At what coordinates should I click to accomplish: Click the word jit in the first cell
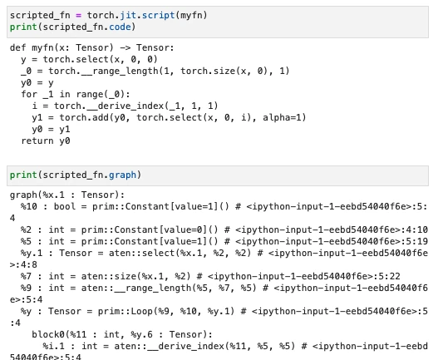tap(128, 15)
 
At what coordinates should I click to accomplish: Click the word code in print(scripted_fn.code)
tap(120, 27)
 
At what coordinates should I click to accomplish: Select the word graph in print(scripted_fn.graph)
tap(123, 175)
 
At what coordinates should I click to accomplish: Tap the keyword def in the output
tap(18, 47)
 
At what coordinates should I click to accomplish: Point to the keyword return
tap(37, 141)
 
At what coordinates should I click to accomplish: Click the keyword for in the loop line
tap(29, 94)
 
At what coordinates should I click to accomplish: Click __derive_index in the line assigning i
tap(125, 106)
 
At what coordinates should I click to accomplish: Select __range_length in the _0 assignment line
tap(120, 71)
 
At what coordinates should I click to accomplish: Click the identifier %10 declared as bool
tap(29, 206)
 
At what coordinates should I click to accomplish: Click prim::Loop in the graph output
tap(125, 311)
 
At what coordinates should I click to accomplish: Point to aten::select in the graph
tap(141, 253)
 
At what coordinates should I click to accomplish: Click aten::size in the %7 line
tap(109, 276)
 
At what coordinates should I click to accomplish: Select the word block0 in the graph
tap(48, 334)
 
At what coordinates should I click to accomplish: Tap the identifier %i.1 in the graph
tap(54, 347)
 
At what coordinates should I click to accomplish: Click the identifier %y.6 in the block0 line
tap(141, 334)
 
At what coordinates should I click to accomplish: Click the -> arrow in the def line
tap(125, 47)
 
